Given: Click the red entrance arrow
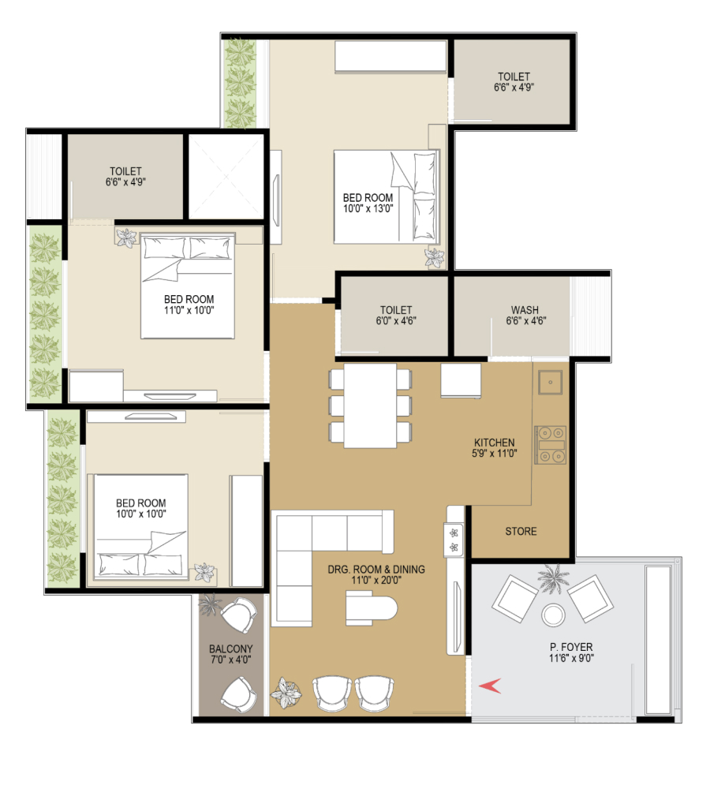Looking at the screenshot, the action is point(490,686).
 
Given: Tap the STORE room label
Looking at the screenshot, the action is point(521,532).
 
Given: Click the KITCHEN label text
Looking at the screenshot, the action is point(495,443).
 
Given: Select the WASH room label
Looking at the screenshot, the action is point(525,310).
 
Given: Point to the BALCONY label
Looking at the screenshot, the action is point(231,649).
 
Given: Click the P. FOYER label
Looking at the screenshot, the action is point(571,648).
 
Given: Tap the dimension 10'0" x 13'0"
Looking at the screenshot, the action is point(368,208).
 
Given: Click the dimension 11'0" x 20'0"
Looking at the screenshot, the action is point(376,580).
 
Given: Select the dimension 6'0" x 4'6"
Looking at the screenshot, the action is point(396,321).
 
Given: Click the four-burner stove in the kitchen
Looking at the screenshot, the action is point(550,445).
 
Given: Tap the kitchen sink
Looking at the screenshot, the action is point(551,382).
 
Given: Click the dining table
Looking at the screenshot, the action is point(370,406).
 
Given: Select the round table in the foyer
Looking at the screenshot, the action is point(554,615).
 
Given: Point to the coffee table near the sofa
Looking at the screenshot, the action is point(372,607).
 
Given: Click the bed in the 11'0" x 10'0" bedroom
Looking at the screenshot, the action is point(188,286).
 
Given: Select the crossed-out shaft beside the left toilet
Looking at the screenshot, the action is point(226,177).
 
